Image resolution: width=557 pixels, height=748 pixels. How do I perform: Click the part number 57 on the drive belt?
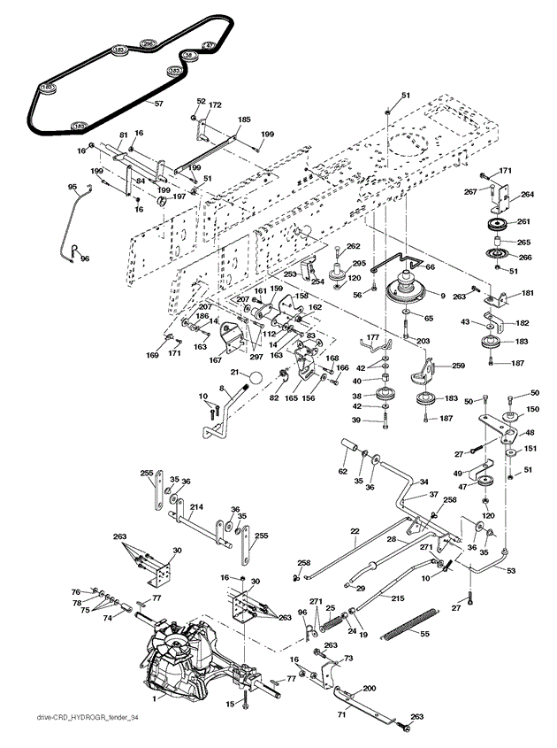(159, 104)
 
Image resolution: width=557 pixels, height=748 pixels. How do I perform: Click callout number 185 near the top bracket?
(244, 119)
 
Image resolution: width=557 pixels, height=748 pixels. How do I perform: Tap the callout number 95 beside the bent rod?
(72, 187)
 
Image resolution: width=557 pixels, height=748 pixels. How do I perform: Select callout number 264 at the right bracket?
(527, 194)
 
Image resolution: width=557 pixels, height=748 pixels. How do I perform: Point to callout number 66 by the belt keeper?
(430, 266)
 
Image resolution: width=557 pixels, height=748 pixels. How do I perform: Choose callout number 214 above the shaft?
(197, 506)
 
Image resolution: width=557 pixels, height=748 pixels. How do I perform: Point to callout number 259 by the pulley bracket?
(458, 366)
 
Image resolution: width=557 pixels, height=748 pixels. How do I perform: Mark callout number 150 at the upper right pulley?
(532, 409)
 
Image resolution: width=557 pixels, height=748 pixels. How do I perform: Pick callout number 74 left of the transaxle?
(109, 619)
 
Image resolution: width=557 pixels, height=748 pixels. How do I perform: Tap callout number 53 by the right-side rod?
(511, 571)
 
